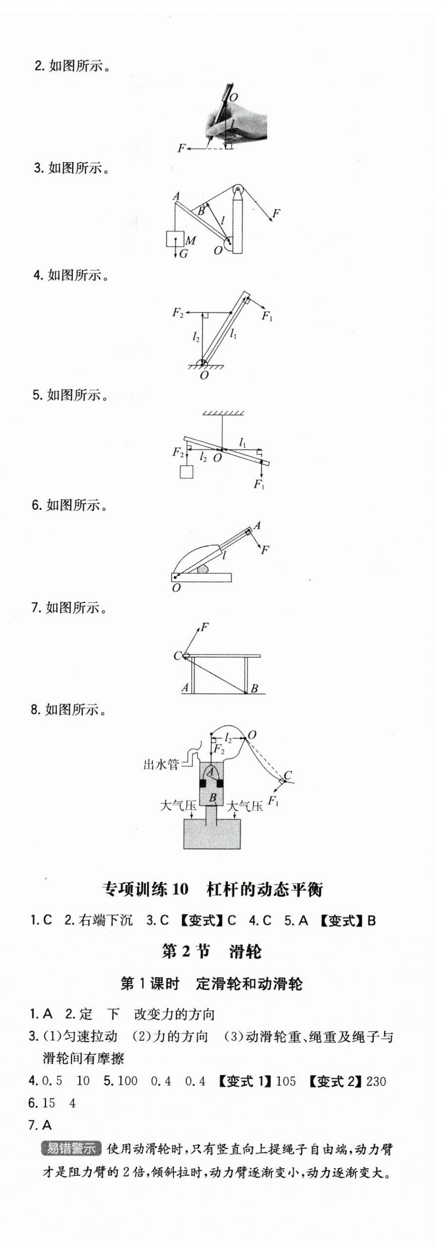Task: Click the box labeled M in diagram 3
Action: (x=174, y=239)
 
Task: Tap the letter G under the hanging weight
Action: (x=184, y=254)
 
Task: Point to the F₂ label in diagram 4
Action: (x=178, y=312)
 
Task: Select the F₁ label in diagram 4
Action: (x=267, y=316)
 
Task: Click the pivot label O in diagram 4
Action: (x=204, y=375)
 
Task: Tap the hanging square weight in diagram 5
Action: (x=186, y=472)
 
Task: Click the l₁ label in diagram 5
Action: (x=243, y=442)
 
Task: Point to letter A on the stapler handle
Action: (x=257, y=525)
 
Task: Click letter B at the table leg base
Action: (x=254, y=689)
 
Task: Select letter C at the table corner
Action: (x=177, y=656)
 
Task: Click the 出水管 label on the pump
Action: (x=161, y=764)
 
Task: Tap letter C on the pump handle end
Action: (x=288, y=775)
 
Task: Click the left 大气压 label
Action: (x=178, y=805)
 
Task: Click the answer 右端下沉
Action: (x=105, y=920)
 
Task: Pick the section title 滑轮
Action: (x=245, y=951)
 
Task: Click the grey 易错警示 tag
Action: (x=71, y=1149)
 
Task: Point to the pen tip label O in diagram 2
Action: (x=234, y=97)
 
